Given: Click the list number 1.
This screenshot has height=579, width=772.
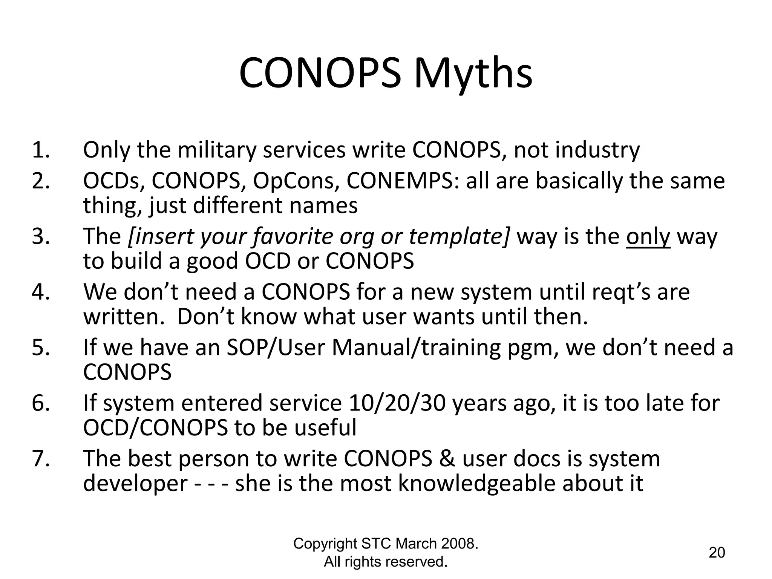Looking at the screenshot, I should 41,150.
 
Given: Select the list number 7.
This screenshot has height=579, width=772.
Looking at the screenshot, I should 41,459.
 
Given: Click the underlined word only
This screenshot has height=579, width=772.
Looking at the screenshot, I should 648,237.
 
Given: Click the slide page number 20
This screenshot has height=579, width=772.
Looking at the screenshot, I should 717,553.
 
